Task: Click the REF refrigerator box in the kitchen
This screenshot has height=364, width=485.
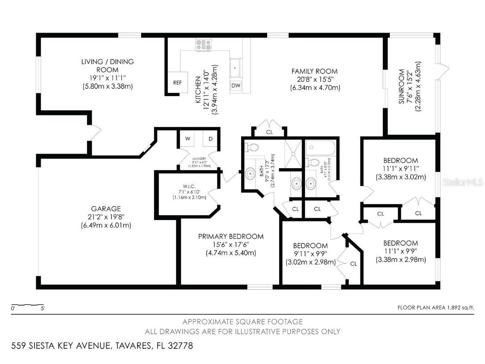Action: [177, 82]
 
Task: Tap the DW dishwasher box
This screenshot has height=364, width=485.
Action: [236, 85]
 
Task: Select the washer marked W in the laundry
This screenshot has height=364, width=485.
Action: [188, 139]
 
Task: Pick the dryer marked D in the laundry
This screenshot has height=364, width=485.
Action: [210, 139]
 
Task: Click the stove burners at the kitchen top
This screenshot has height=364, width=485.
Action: [203, 44]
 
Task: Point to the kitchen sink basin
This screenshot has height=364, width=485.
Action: [235, 68]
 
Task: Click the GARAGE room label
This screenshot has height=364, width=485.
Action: [106, 209]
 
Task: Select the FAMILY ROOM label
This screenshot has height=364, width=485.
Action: [314, 71]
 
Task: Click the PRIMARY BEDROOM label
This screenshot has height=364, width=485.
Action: [231, 237]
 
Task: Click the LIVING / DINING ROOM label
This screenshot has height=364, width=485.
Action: [107, 66]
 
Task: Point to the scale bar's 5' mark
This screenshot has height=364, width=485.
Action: [42, 308]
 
